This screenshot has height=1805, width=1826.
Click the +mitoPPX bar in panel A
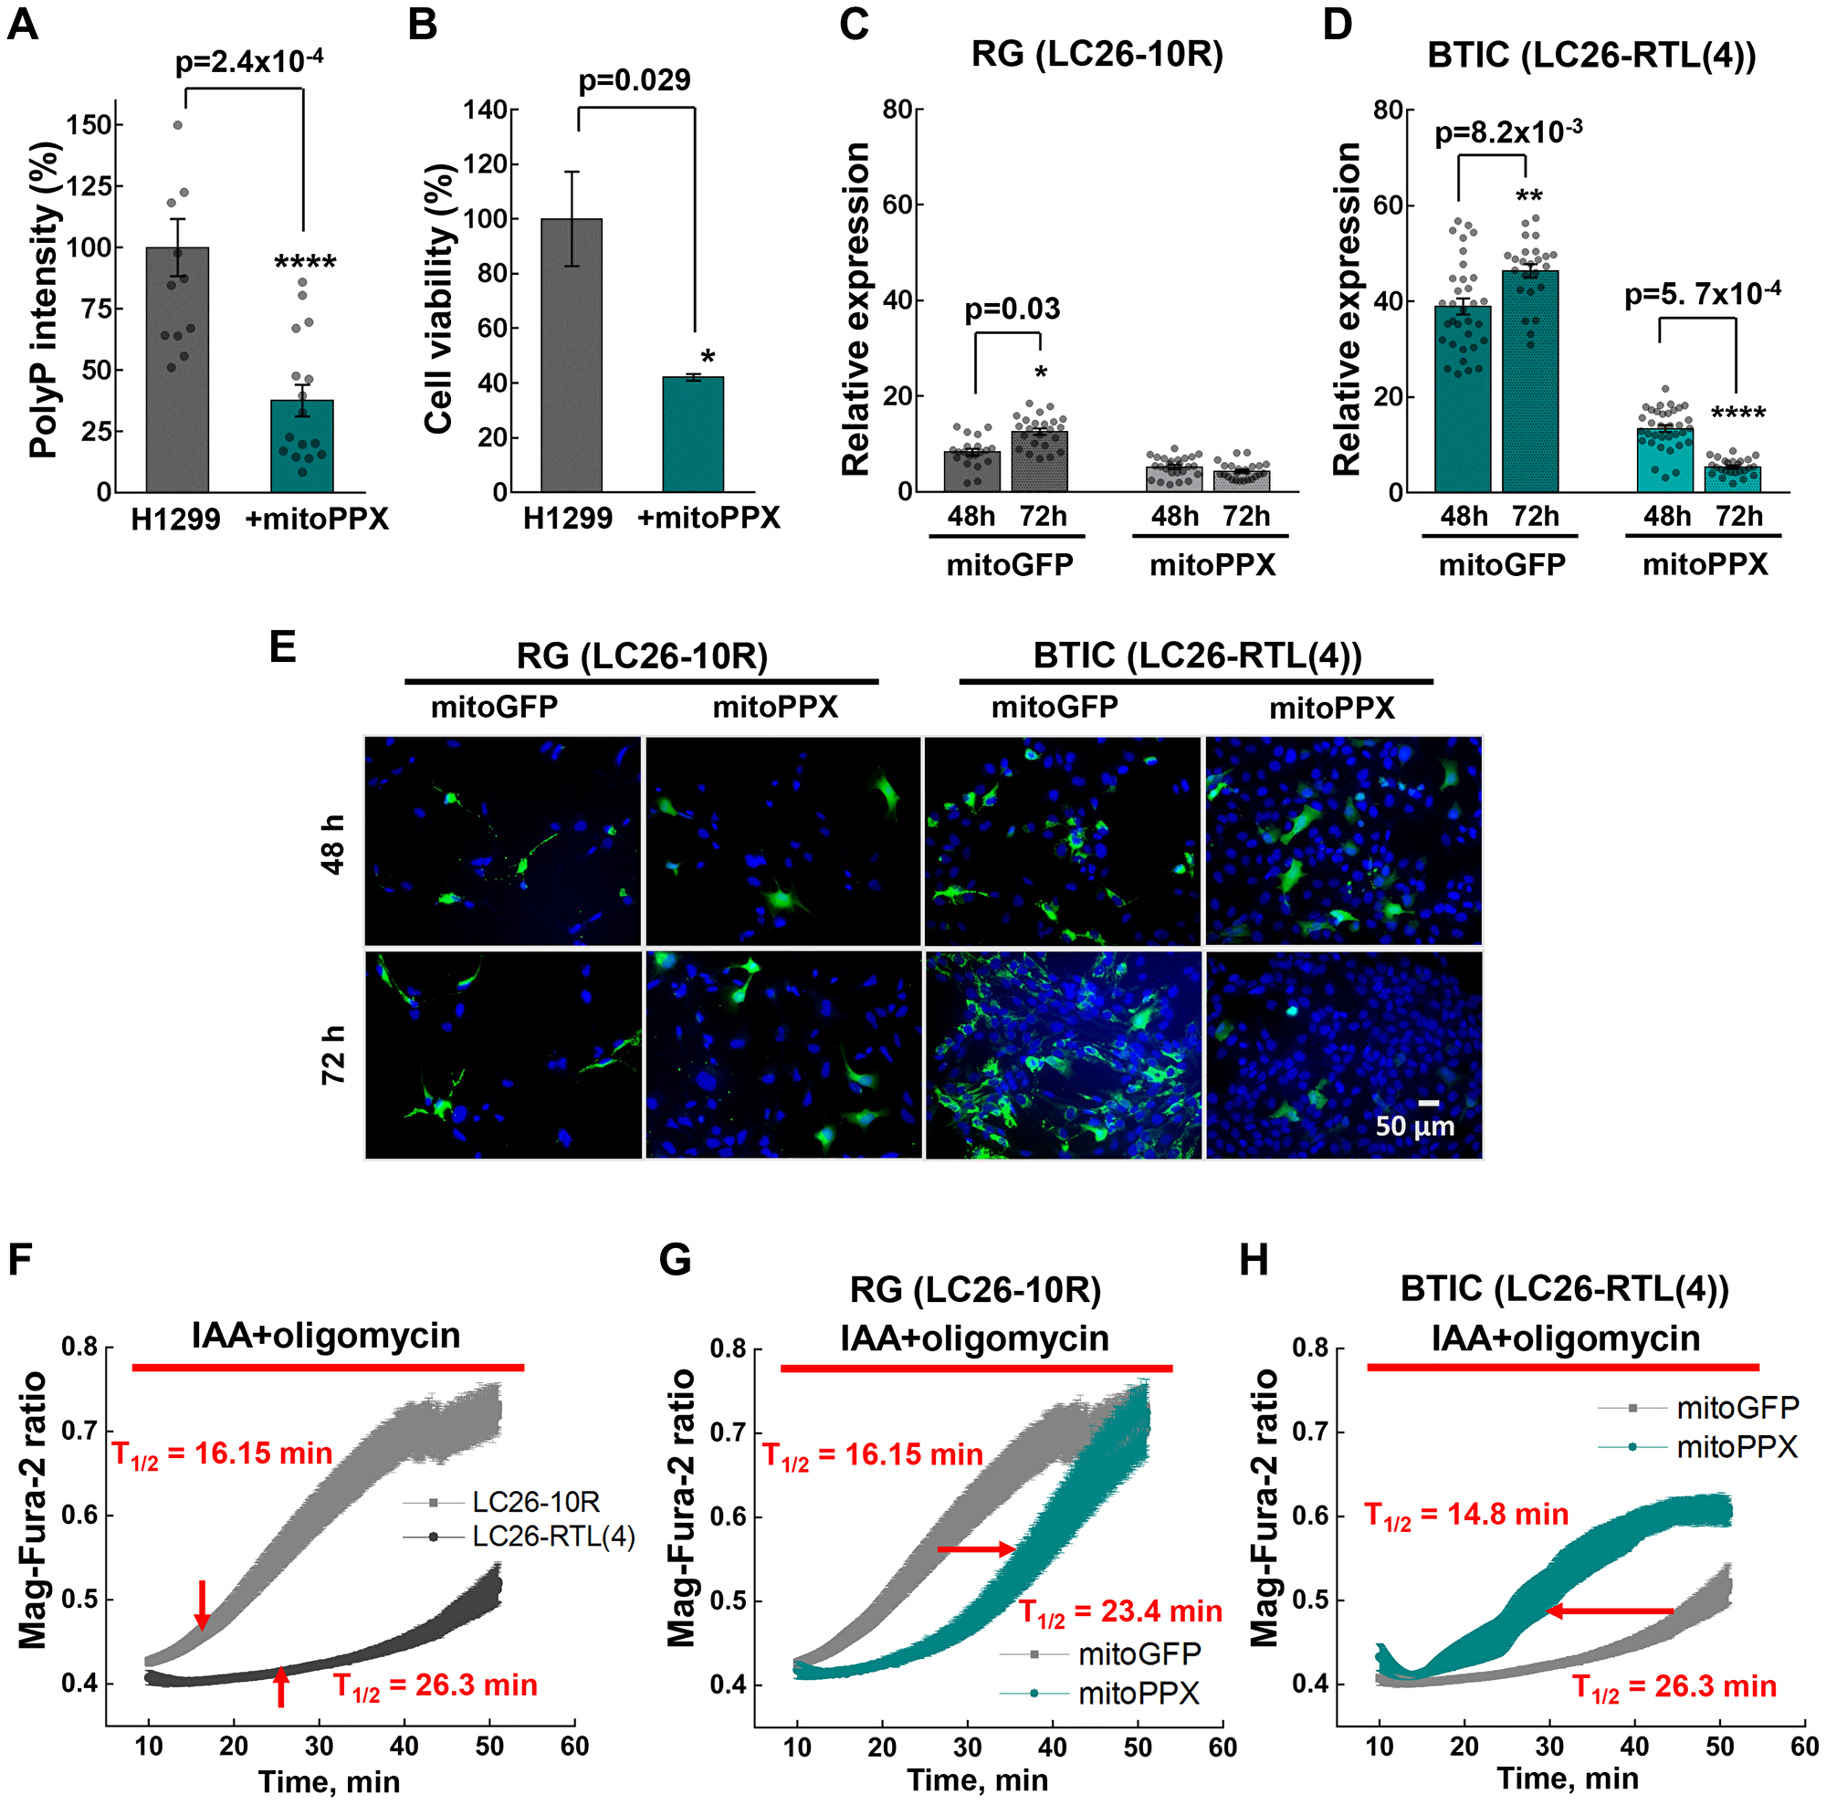click(301, 446)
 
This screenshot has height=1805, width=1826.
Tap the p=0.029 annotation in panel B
click(635, 80)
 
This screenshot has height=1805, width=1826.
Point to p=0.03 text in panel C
click(1013, 309)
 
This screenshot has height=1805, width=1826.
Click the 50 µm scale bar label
click(1414, 1126)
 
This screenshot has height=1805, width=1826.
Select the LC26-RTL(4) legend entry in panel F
click(553, 1537)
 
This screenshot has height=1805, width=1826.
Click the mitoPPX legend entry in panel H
click(1737, 1447)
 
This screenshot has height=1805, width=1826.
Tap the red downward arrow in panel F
click(201, 1602)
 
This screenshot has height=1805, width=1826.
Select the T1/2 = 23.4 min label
click(1120, 1611)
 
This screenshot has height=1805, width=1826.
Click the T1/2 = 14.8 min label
click(1466, 1515)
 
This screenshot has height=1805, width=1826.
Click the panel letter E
click(283, 648)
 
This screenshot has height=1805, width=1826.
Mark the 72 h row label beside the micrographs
click(333, 1054)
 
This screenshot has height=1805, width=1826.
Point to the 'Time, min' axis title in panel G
click(977, 1780)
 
